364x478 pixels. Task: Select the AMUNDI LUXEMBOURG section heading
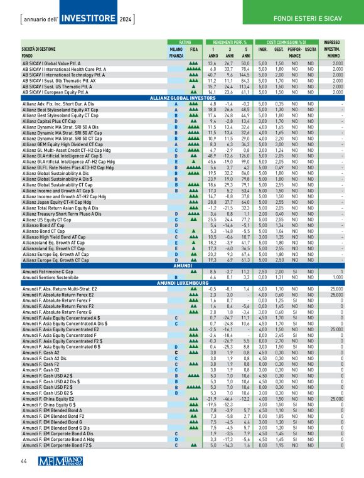tap(182, 283)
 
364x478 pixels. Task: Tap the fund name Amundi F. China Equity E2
tap(55, 380)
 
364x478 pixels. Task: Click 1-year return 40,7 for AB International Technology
tap(212, 75)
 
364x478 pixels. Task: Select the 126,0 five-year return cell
tap(245, 138)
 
